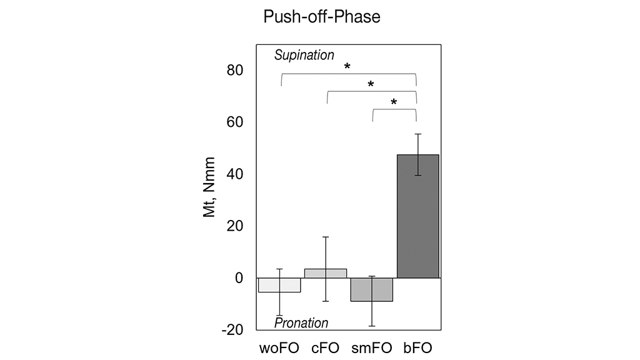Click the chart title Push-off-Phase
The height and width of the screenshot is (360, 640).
[x=322, y=17]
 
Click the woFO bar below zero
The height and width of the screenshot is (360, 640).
[x=279, y=285]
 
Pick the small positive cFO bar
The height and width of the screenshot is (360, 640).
[x=326, y=273]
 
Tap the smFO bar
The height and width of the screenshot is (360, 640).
[x=371, y=289]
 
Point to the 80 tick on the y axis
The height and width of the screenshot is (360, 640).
[x=235, y=70]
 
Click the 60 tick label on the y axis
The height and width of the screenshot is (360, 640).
[x=235, y=122]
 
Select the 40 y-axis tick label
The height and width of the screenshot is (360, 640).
[x=235, y=174]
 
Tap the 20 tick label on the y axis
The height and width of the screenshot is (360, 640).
[x=235, y=226]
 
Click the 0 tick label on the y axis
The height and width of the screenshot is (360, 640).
[x=239, y=277]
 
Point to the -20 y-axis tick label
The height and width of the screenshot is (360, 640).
[x=232, y=329]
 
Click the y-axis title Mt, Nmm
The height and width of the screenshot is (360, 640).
[x=209, y=187]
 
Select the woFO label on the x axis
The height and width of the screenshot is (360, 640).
[x=279, y=347]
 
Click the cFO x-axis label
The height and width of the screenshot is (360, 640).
[x=326, y=347]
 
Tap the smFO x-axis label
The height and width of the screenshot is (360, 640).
[x=371, y=347]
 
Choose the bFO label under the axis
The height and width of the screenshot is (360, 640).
[x=417, y=347]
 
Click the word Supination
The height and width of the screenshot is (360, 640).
[x=304, y=55]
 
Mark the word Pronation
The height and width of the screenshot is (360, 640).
[x=301, y=323]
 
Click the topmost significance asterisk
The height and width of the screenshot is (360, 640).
[x=347, y=67]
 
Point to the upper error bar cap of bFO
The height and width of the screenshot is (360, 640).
[x=417, y=134]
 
